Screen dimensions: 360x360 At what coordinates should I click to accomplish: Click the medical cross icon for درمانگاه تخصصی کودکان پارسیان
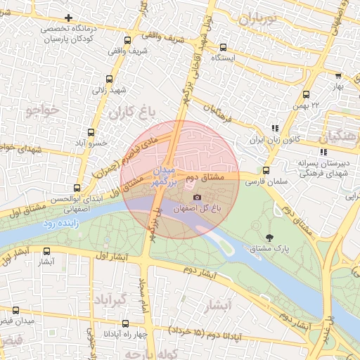[67, 18]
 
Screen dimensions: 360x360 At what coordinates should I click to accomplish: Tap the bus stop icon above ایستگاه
[223, 46]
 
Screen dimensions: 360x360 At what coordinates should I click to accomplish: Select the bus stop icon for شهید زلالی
[108, 79]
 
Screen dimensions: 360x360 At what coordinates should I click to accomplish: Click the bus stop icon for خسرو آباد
[91, 132]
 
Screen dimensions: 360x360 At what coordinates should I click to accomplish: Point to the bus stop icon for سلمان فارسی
[265, 170]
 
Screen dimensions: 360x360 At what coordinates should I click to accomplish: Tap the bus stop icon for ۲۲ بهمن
[306, 94]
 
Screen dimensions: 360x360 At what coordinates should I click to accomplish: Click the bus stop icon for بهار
[337, 76]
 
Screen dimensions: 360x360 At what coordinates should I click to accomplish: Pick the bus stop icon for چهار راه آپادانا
[125, 323]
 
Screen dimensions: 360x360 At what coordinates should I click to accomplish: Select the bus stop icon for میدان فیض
[15, 310]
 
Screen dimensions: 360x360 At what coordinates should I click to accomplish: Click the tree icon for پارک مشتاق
[271, 237]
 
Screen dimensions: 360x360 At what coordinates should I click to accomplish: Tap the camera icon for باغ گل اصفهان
[197, 198]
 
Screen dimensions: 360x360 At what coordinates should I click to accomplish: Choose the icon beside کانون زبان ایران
[275, 128]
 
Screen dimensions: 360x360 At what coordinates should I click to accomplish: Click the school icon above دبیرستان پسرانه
[323, 152]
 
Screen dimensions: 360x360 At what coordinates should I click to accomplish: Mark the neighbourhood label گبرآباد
[110, 300]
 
